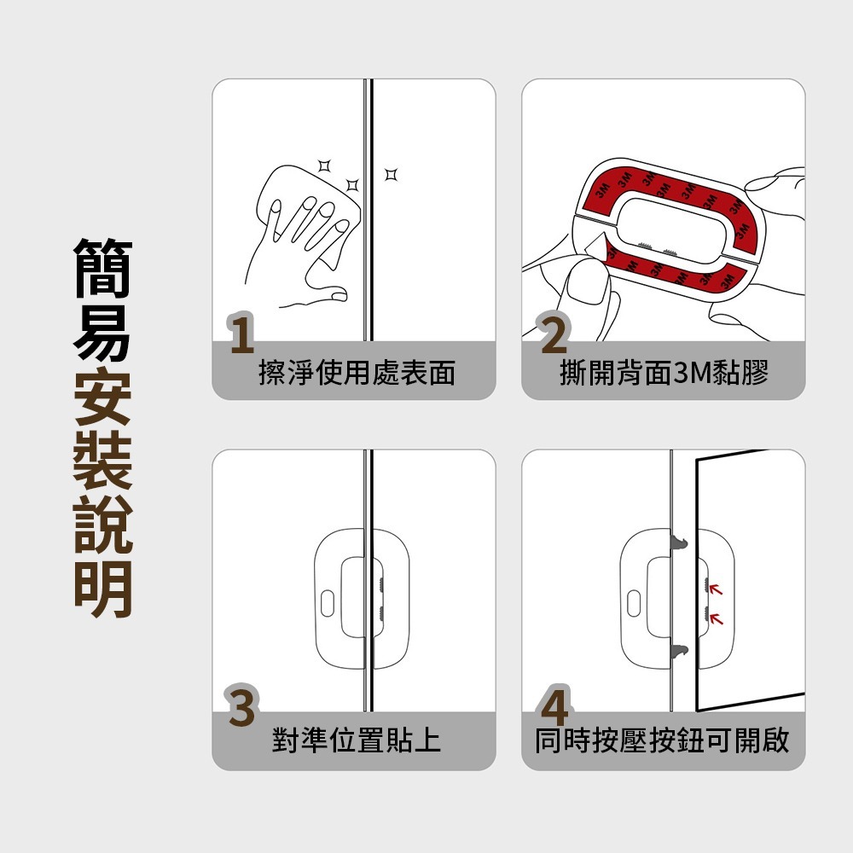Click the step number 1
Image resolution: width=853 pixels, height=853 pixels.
tap(242, 335)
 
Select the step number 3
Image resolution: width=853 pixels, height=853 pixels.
tap(241, 707)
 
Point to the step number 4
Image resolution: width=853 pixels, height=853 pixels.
tap(554, 707)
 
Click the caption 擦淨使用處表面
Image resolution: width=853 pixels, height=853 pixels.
tap(357, 373)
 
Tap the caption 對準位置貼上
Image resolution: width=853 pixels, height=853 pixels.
tap(357, 740)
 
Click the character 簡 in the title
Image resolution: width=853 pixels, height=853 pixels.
tap(102, 267)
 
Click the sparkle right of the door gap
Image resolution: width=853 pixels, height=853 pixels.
tap(391, 175)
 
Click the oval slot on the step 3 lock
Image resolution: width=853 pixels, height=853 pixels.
tap(328, 601)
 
